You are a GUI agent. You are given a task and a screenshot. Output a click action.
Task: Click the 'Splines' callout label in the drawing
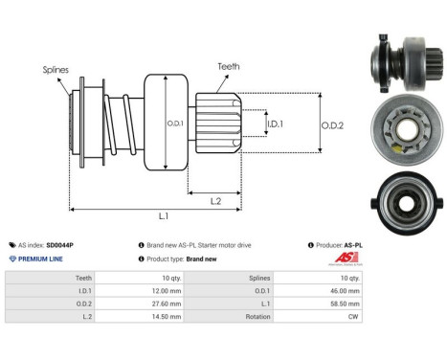pyautogui.click(x=54, y=70)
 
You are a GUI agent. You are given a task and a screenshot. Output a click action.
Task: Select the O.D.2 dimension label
pyautogui.click(x=334, y=124)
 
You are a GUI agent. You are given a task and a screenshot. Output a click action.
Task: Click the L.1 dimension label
pyautogui.click(x=164, y=216)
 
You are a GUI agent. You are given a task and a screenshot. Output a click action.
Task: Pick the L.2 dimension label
pyautogui.click(x=216, y=199)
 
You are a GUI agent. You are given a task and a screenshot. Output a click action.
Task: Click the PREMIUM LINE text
pyautogui.click(x=39, y=259)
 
